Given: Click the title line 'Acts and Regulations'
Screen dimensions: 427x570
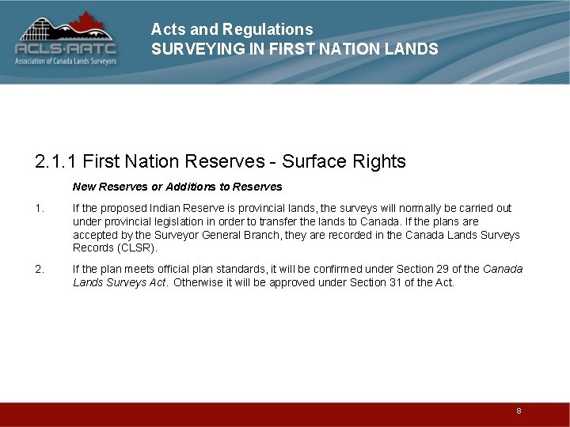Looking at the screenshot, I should pos(232,29).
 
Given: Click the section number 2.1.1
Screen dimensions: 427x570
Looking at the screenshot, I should pos(55,162).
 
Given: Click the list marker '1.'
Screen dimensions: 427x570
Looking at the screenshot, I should pos(40,209).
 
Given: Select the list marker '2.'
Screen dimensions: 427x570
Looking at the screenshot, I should pos(40,270).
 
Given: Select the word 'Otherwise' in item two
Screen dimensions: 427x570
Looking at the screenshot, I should pos(199,282).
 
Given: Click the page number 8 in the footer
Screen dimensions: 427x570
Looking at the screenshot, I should pos(519,411).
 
